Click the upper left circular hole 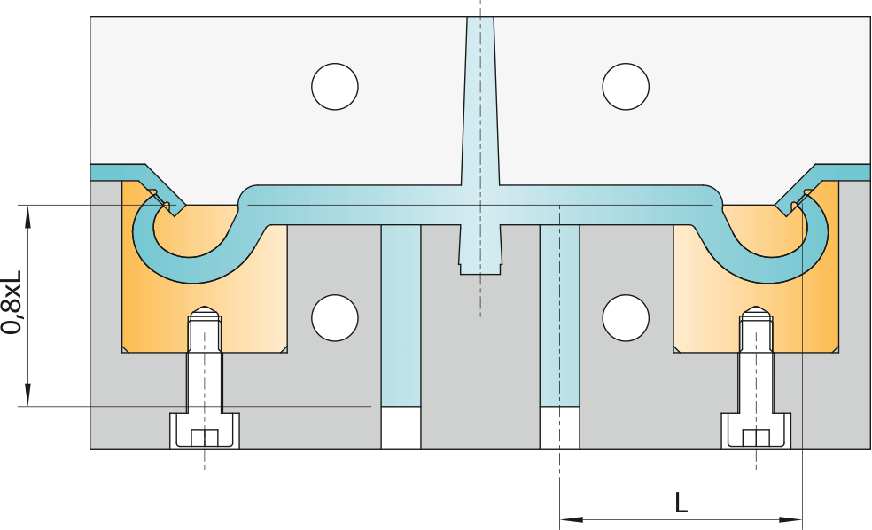coord(335,86)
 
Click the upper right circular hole coord(626,86)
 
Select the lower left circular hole coord(335,317)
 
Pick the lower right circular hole coord(626,317)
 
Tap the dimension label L coord(681,503)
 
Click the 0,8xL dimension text coord(12,302)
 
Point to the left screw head coord(205,431)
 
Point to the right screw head coord(756,431)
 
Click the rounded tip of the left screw coord(205,309)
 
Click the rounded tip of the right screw coord(756,309)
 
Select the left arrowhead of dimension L coord(571,519)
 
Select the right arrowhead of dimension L coord(790,519)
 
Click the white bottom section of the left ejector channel coord(401,428)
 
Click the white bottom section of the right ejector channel coord(559,428)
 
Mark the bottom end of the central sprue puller coord(480,274)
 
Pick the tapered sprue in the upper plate coord(480,100)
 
